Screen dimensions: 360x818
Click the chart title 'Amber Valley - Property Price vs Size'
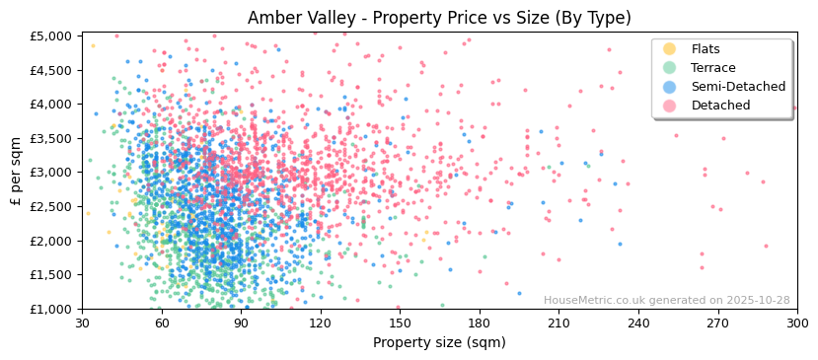pyautogui.click(x=439, y=18)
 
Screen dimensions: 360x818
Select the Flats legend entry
pyautogui.click(x=706, y=49)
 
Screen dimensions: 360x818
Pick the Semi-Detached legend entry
pyautogui.click(x=738, y=87)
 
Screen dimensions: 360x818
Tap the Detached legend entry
pyautogui.click(x=720, y=106)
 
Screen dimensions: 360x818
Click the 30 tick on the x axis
pyautogui.click(x=82, y=324)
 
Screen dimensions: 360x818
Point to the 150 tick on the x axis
pyautogui.click(x=400, y=324)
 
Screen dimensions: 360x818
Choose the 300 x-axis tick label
pyautogui.click(x=796, y=324)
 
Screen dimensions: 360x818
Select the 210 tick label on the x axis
pyautogui.click(x=558, y=324)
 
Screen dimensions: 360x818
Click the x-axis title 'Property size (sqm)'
pyautogui.click(x=439, y=343)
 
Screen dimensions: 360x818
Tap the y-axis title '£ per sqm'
pyautogui.click(x=16, y=173)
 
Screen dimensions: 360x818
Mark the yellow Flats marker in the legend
pyautogui.click(x=670, y=49)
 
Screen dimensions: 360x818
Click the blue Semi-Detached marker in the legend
pyautogui.click(x=670, y=87)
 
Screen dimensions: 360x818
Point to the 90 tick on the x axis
pyautogui.click(x=241, y=324)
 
